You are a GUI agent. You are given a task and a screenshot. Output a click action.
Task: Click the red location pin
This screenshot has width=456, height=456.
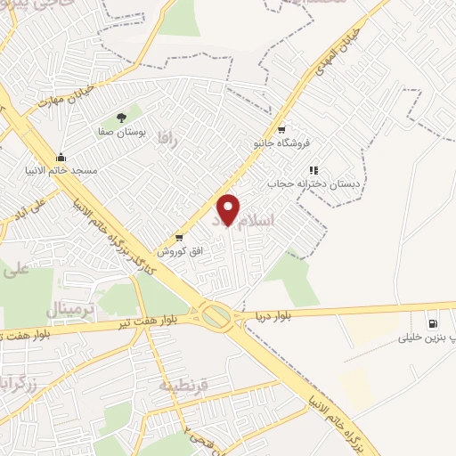[x=229, y=209]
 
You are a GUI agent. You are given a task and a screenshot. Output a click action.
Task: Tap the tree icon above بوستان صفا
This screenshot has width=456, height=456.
[x=122, y=118]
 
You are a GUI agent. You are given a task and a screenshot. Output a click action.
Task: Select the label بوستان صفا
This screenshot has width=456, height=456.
[x=121, y=132]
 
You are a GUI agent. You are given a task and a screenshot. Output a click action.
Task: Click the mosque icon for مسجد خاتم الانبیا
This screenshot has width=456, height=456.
[x=61, y=158]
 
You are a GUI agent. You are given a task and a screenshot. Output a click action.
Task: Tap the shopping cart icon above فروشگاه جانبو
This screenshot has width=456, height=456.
[x=281, y=127]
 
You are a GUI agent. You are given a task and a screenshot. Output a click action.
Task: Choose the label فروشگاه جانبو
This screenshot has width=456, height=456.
[x=281, y=142]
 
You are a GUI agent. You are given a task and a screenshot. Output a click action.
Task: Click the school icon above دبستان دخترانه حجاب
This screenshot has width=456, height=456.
[x=313, y=169]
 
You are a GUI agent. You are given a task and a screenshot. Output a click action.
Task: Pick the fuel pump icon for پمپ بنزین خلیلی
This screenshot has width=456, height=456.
[x=433, y=324]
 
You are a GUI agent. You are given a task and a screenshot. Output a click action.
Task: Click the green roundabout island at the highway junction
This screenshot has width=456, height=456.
[x=216, y=315]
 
